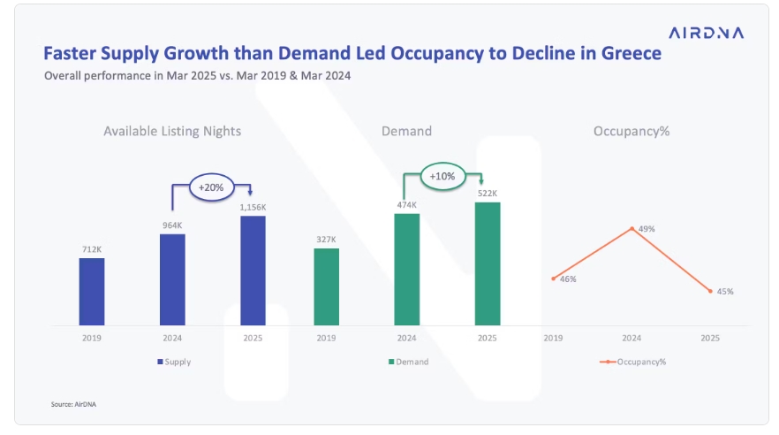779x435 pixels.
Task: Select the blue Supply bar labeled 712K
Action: pyautogui.click(x=92, y=291)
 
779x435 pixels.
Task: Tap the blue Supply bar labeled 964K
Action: pyautogui.click(x=172, y=279)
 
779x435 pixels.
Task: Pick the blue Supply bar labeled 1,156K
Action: pyautogui.click(x=253, y=271)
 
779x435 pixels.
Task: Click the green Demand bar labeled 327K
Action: pyautogui.click(x=326, y=286)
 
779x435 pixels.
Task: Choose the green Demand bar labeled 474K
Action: pyautogui.click(x=406, y=269)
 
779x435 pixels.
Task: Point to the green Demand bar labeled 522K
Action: pyautogui.click(x=488, y=263)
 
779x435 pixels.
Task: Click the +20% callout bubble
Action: pyautogui.click(x=210, y=188)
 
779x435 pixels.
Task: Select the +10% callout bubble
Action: pyautogui.click(x=442, y=176)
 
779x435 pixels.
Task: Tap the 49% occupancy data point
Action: pyautogui.click(x=632, y=227)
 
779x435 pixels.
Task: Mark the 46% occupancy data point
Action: pyautogui.click(x=553, y=279)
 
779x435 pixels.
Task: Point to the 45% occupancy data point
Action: pyautogui.click(x=710, y=291)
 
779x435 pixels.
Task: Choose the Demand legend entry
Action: pyautogui.click(x=407, y=362)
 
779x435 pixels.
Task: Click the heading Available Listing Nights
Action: pyautogui.click(x=172, y=131)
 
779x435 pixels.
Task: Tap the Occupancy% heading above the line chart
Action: pyautogui.click(x=632, y=131)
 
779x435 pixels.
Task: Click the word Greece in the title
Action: pyautogui.click(x=625, y=55)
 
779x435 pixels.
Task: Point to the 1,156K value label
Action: pyautogui.click(x=253, y=207)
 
